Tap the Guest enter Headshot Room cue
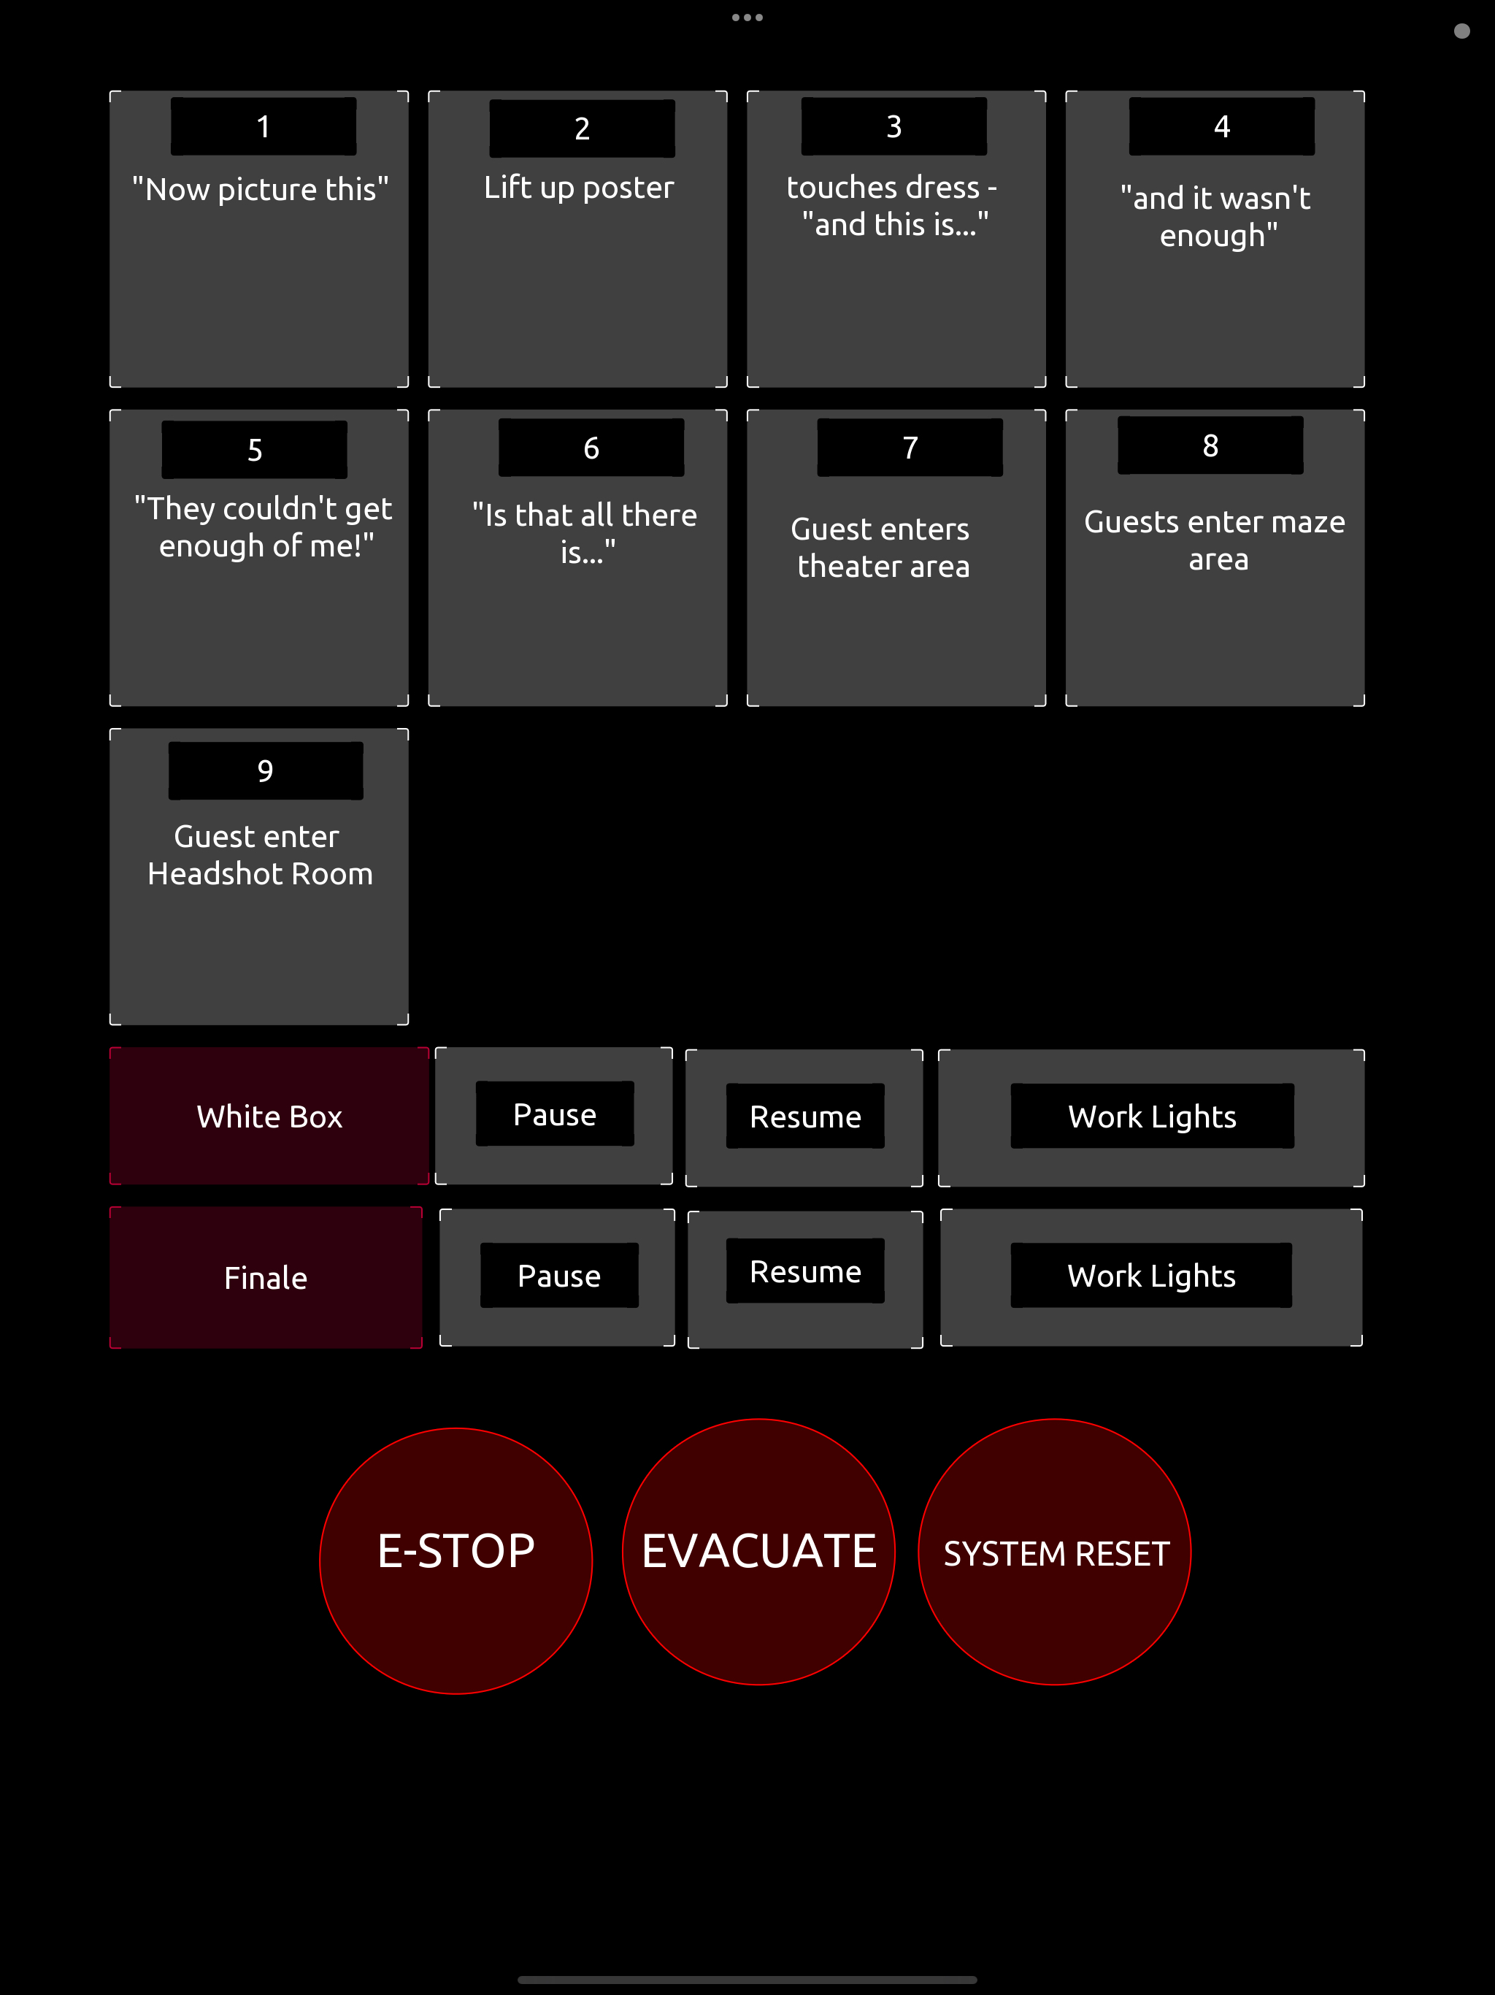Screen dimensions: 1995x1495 click(x=259, y=876)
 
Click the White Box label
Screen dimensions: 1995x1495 click(x=269, y=1117)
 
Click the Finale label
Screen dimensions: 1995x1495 click(x=266, y=1277)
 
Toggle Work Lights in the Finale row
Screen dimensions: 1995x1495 click(x=1150, y=1276)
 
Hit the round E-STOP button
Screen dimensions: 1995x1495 click(x=456, y=1561)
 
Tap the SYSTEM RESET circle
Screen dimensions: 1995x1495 click(x=1054, y=1552)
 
